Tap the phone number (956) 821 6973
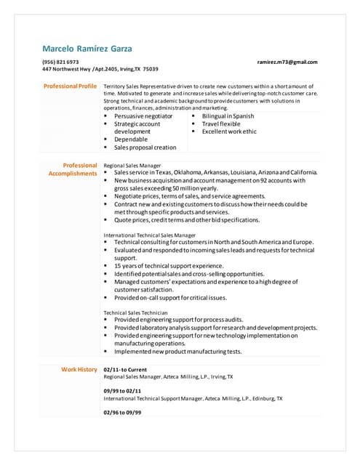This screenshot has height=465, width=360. coord(60,62)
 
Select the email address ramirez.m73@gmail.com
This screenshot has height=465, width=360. coord(287,62)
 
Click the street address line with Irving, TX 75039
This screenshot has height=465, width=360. coord(100,69)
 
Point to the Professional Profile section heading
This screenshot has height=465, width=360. coord(70,86)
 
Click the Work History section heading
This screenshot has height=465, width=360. coord(79,369)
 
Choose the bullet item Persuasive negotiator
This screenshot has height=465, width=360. coord(143,116)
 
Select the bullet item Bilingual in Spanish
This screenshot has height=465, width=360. coord(228,116)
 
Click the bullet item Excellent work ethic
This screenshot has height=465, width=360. coord(229,132)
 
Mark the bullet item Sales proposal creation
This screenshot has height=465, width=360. coord(145,147)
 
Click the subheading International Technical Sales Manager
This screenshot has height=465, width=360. coord(149,235)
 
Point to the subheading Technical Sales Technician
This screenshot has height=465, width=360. coord(135,312)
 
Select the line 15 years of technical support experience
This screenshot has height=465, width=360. coord(169,266)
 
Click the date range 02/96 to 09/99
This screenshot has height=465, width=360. coord(122,412)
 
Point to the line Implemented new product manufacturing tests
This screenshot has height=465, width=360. coord(178,351)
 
